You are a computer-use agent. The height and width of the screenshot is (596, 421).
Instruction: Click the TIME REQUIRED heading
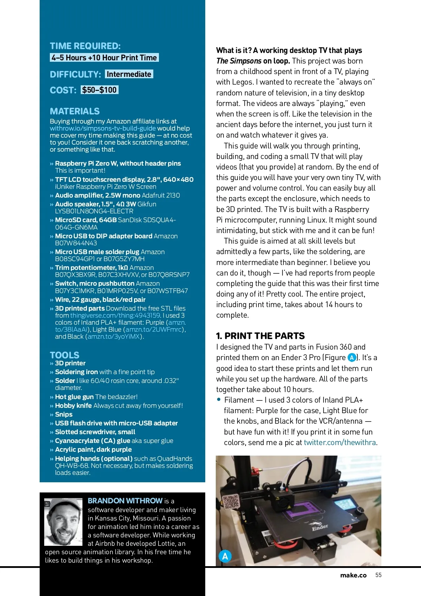tap(85, 46)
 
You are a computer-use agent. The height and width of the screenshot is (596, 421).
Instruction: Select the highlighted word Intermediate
tap(129, 74)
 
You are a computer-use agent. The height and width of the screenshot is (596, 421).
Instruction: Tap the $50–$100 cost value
tap(99, 90)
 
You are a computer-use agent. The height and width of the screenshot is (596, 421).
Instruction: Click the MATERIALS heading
tap(75, 111)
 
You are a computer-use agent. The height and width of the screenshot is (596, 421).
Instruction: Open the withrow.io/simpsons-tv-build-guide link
tap(103, 128)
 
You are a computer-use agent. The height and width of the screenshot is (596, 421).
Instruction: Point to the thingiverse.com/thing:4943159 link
tap(115, 315)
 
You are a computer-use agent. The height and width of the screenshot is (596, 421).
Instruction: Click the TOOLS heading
tap(65, 355)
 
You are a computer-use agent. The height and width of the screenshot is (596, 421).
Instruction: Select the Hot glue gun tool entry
tap(74, 397)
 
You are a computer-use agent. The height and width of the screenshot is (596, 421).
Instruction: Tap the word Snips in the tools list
tap(64, 414)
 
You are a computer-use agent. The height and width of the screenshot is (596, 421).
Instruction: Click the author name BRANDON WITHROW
tap(125, 501)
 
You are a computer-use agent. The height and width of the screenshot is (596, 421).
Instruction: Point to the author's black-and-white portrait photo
tap(64, 522)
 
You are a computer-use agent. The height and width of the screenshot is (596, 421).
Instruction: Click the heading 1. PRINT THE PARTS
tap(260, 336)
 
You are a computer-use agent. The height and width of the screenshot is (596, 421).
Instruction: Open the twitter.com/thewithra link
tap(340, 442)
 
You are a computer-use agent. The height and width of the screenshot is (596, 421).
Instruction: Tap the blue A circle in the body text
tap(352, 358)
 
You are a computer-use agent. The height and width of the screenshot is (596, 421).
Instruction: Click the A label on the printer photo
tap(225, 556)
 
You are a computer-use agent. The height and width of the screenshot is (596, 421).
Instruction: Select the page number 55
tap(378, 575)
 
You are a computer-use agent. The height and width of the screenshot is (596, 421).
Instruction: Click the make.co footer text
tap(353, 575)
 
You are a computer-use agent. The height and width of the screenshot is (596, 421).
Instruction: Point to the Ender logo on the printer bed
tap(320, 527)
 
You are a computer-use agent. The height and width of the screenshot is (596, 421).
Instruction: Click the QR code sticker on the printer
tap(231, 502)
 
